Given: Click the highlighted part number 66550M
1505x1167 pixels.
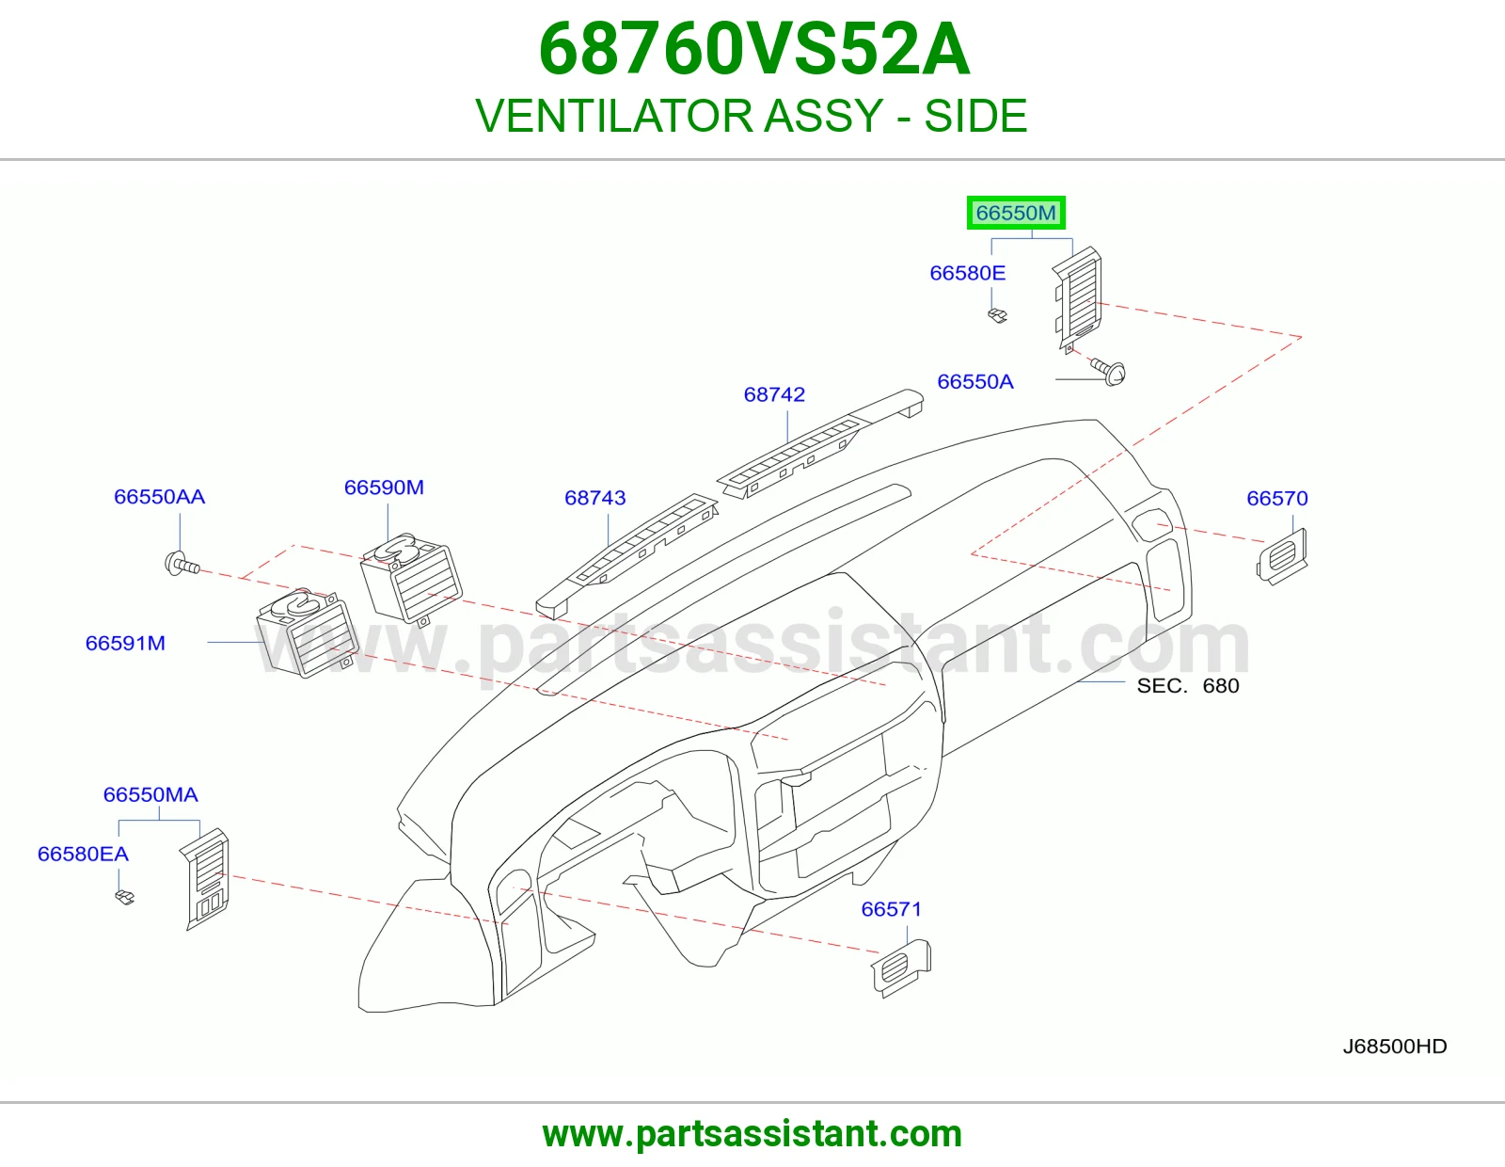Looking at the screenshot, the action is click(x=1016, y=213).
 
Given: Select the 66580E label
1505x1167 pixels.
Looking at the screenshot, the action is click(x=968, y=273).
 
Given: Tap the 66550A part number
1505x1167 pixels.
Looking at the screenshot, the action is click(x=975, y=382).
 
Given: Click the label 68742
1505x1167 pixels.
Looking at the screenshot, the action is click(x=774, y=394).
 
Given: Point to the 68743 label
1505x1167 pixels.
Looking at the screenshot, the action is click(x=594, y=498).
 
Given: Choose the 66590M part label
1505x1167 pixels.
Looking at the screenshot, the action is click(x=384, y=488).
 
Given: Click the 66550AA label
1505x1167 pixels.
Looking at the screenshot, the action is click(x=159, y=497).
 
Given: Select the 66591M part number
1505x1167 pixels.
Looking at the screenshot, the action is click(x=125, y=643).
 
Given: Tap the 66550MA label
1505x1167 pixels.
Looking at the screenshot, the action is click(x=150, y=794).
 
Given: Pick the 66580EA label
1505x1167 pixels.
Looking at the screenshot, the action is click(x=83, y=854).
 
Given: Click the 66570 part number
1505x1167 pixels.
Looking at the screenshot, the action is click(x=1277, y=498).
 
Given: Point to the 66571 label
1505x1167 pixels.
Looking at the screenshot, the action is click(x=892, y=909).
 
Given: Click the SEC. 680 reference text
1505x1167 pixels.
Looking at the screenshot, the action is click(x=1188, y=685).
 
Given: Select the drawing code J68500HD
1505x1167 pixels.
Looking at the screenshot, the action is click(x=1395, y=1047).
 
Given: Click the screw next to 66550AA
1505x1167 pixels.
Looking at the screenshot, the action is click(x=182, y=564).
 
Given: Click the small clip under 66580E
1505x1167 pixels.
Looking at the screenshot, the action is click(x=997, y=315).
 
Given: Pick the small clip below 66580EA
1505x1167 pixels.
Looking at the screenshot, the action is click(x=125, y=897).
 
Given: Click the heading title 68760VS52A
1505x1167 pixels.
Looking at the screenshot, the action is click(x=753, y=49).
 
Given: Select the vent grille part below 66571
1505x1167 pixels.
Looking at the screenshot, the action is click(x=901, y=967).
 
